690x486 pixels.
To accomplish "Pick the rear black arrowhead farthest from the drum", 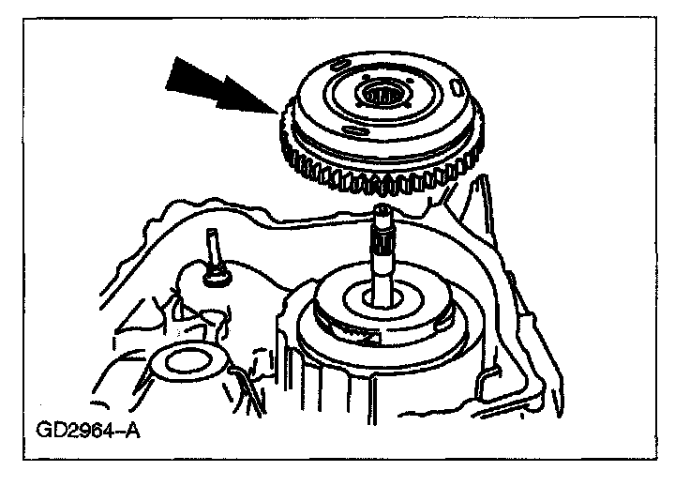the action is pyautogui.click(x=192, y=75).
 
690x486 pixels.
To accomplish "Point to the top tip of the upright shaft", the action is pyautogui.click(x=387, y=209).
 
